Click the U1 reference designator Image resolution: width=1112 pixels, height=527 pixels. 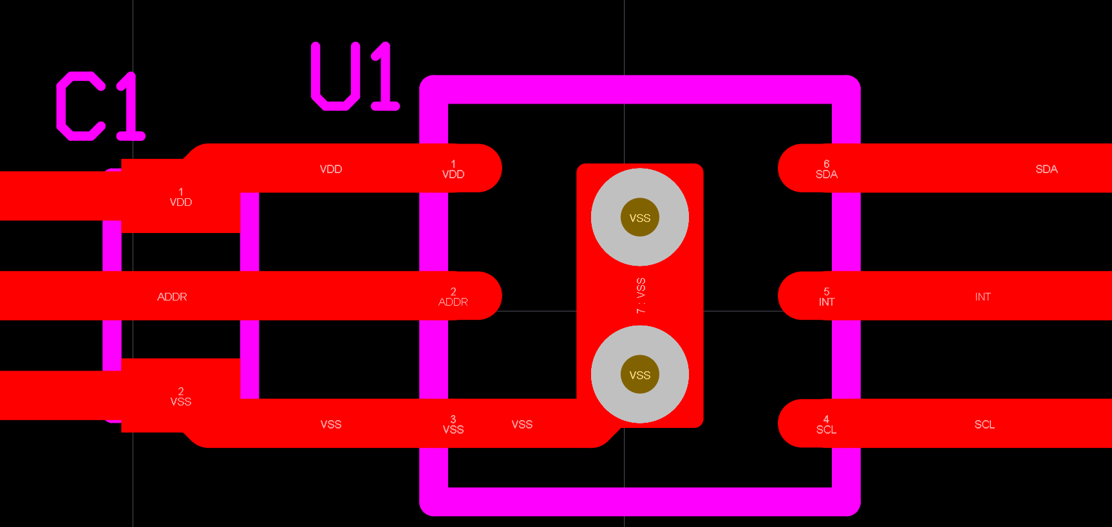(355, 77)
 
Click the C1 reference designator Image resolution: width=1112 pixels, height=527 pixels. (100, 106)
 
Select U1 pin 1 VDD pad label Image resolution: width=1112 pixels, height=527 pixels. (453, 169)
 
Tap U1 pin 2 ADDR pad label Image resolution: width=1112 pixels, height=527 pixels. (453, 297)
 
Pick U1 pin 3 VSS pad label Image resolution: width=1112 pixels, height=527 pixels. (453, 425)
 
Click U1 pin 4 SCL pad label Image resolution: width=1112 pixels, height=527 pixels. (826, 425)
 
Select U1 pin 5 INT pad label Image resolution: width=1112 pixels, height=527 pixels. (826, 297)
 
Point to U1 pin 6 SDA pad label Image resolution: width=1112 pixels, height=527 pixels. (826, 169)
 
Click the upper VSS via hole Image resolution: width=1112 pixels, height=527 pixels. (640, 217)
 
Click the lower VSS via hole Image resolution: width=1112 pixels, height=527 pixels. (640, 374)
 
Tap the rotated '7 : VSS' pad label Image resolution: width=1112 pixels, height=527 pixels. (641, 296)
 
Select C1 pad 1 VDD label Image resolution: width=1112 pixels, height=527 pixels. (181, 197)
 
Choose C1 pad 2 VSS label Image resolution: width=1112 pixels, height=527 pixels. (181, 396)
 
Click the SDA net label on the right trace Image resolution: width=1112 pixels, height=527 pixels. (1046, 169)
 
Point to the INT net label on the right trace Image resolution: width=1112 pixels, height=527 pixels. (983, 297)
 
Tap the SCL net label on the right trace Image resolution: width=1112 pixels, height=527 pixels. (985, 425)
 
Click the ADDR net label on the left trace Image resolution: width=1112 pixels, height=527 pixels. (172, 297)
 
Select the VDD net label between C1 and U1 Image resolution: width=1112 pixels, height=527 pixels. (331, 169)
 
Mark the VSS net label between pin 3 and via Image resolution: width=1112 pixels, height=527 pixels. (522, 425)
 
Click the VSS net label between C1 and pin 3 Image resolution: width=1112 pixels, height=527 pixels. (331, 425)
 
